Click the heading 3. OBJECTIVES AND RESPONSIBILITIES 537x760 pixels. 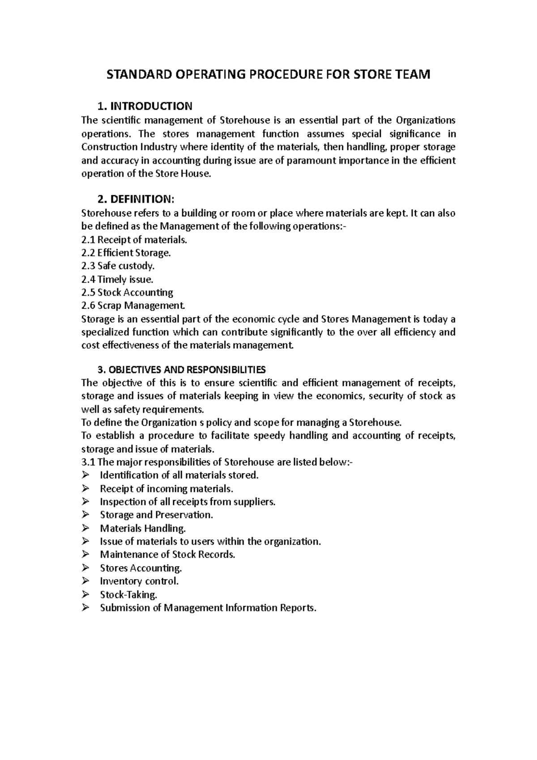181,370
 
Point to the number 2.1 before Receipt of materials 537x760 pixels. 88,240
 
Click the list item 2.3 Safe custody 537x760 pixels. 118,266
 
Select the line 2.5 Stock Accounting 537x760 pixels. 127,293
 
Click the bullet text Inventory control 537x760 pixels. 139,581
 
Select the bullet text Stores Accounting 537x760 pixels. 141,568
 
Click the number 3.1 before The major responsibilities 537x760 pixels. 88,462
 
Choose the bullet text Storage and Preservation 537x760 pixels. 156,515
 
